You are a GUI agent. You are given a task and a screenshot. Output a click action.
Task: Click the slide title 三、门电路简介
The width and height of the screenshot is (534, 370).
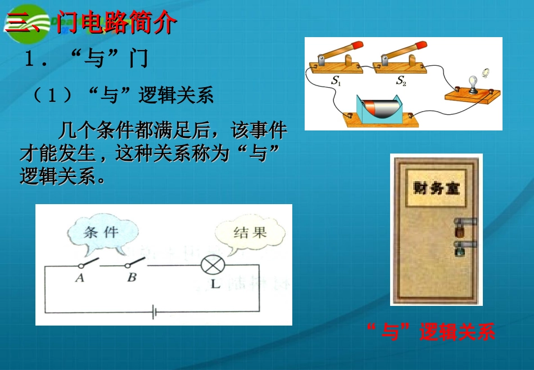pos(93,24)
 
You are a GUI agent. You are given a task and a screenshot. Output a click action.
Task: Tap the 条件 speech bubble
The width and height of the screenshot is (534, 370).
pos(101,233)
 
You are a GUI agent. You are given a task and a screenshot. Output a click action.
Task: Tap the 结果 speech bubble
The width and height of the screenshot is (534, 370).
pos(250,233)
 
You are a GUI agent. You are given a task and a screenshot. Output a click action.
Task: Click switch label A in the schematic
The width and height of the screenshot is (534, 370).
pos(80,277)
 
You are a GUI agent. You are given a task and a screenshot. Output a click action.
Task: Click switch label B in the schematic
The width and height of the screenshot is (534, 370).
pos(132,277)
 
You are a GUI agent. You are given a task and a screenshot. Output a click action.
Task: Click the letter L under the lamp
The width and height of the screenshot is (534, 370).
pos(215,284)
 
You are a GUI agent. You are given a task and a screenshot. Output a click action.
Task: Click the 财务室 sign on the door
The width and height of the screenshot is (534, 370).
pos(436,187)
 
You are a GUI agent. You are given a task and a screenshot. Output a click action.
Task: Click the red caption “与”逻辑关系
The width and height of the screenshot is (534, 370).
pos(430,333)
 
